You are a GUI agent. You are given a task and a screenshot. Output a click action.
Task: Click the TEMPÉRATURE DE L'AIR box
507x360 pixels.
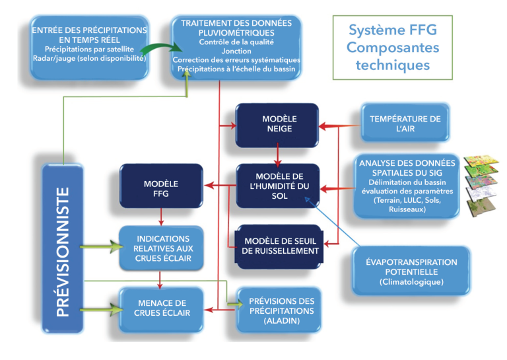pos(405,124)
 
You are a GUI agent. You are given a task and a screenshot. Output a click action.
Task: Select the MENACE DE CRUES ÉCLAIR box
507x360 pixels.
pos(160,307)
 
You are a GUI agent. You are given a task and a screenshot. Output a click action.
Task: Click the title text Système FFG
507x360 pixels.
pos(393,32)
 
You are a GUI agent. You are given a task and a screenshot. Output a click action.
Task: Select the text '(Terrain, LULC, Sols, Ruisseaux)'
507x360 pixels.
pos(406,204)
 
